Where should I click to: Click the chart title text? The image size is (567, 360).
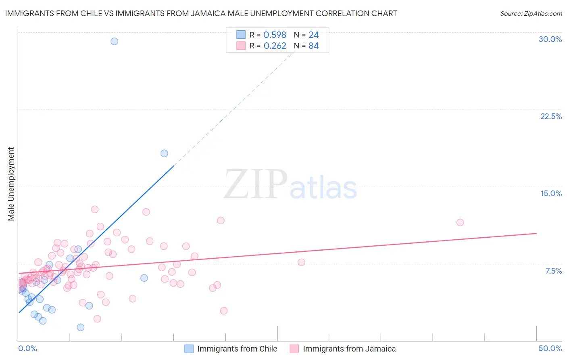(x=201, y=13)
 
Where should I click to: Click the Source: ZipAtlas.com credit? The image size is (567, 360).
(x=531, y=14)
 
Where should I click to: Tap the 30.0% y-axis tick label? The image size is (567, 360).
(x=550, y=39)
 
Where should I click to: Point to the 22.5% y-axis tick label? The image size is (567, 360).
(x=551, y=116)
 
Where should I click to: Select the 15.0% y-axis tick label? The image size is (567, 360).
(x=551, y=193)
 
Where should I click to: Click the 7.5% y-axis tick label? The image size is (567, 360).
(x=553, y=271)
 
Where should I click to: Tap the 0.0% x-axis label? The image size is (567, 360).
(x=27, y=348)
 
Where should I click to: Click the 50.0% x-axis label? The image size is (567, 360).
(x=550, y=348)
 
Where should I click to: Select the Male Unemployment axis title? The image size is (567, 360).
(x=11, y=184)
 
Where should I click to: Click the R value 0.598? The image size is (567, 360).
(x=275, y=35)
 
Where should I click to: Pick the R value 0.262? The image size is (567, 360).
(x=275, y=46)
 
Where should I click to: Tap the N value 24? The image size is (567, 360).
(x=314, y=35)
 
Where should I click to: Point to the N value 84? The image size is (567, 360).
(x=314, y=46)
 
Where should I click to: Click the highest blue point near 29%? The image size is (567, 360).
(x=115, y=41)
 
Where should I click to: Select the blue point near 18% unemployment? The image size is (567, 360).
(x=164, y=153)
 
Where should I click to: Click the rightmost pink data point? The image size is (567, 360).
(x=460, y=222)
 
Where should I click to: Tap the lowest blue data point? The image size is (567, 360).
(x=81, y=327)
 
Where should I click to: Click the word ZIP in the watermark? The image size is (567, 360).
(x=256, y=184)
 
